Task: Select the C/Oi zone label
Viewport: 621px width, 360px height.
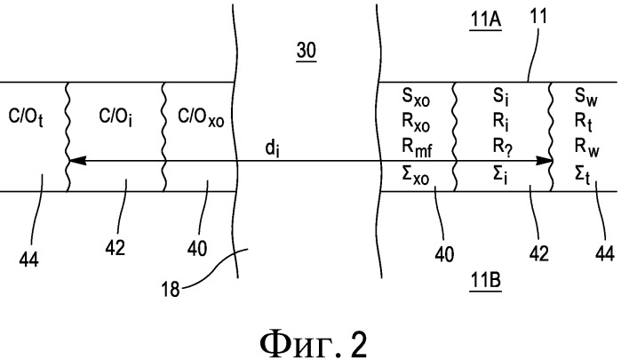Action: click(x=115, y=116)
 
